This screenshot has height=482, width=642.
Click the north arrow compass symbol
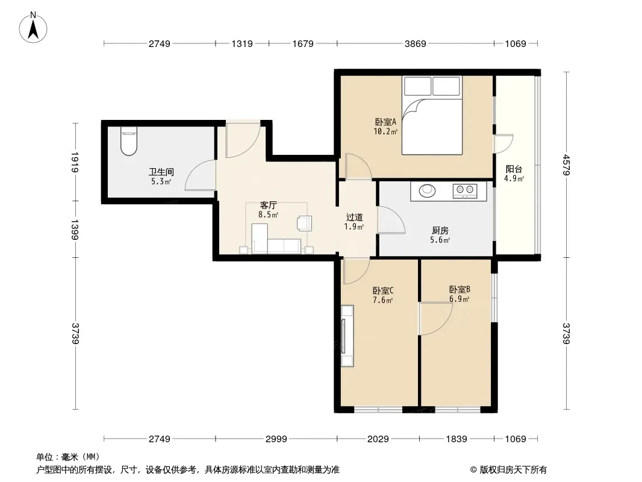click(x=33, y=27)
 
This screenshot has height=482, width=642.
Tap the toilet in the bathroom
click(x=128, y=141)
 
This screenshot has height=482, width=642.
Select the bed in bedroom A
click(x=432, y=115)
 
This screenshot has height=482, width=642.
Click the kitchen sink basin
click(x=427, y=190)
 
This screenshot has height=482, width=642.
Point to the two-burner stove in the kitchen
click(x=465, y=190)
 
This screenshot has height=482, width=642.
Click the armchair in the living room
click(x=304, y=223)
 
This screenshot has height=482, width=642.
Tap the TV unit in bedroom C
click(x=347, y=336)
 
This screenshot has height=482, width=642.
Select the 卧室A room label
click(x=385, y=122)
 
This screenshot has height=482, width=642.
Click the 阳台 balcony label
click(x=514, y=169)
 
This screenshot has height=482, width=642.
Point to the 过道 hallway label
click(x=354, y=218)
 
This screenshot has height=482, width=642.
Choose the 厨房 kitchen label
click(x=440, y=231)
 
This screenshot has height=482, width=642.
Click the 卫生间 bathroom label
click(x=161, y=172)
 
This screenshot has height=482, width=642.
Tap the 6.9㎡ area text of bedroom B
click(x=459, y=299)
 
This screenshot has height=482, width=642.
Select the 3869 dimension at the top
click(x=415, y=43)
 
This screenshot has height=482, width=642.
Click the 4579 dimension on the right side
click(x=566, y=164)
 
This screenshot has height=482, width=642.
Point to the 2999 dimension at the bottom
click(x=276, y=439)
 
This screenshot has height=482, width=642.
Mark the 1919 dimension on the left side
click(x=75, y=162)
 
